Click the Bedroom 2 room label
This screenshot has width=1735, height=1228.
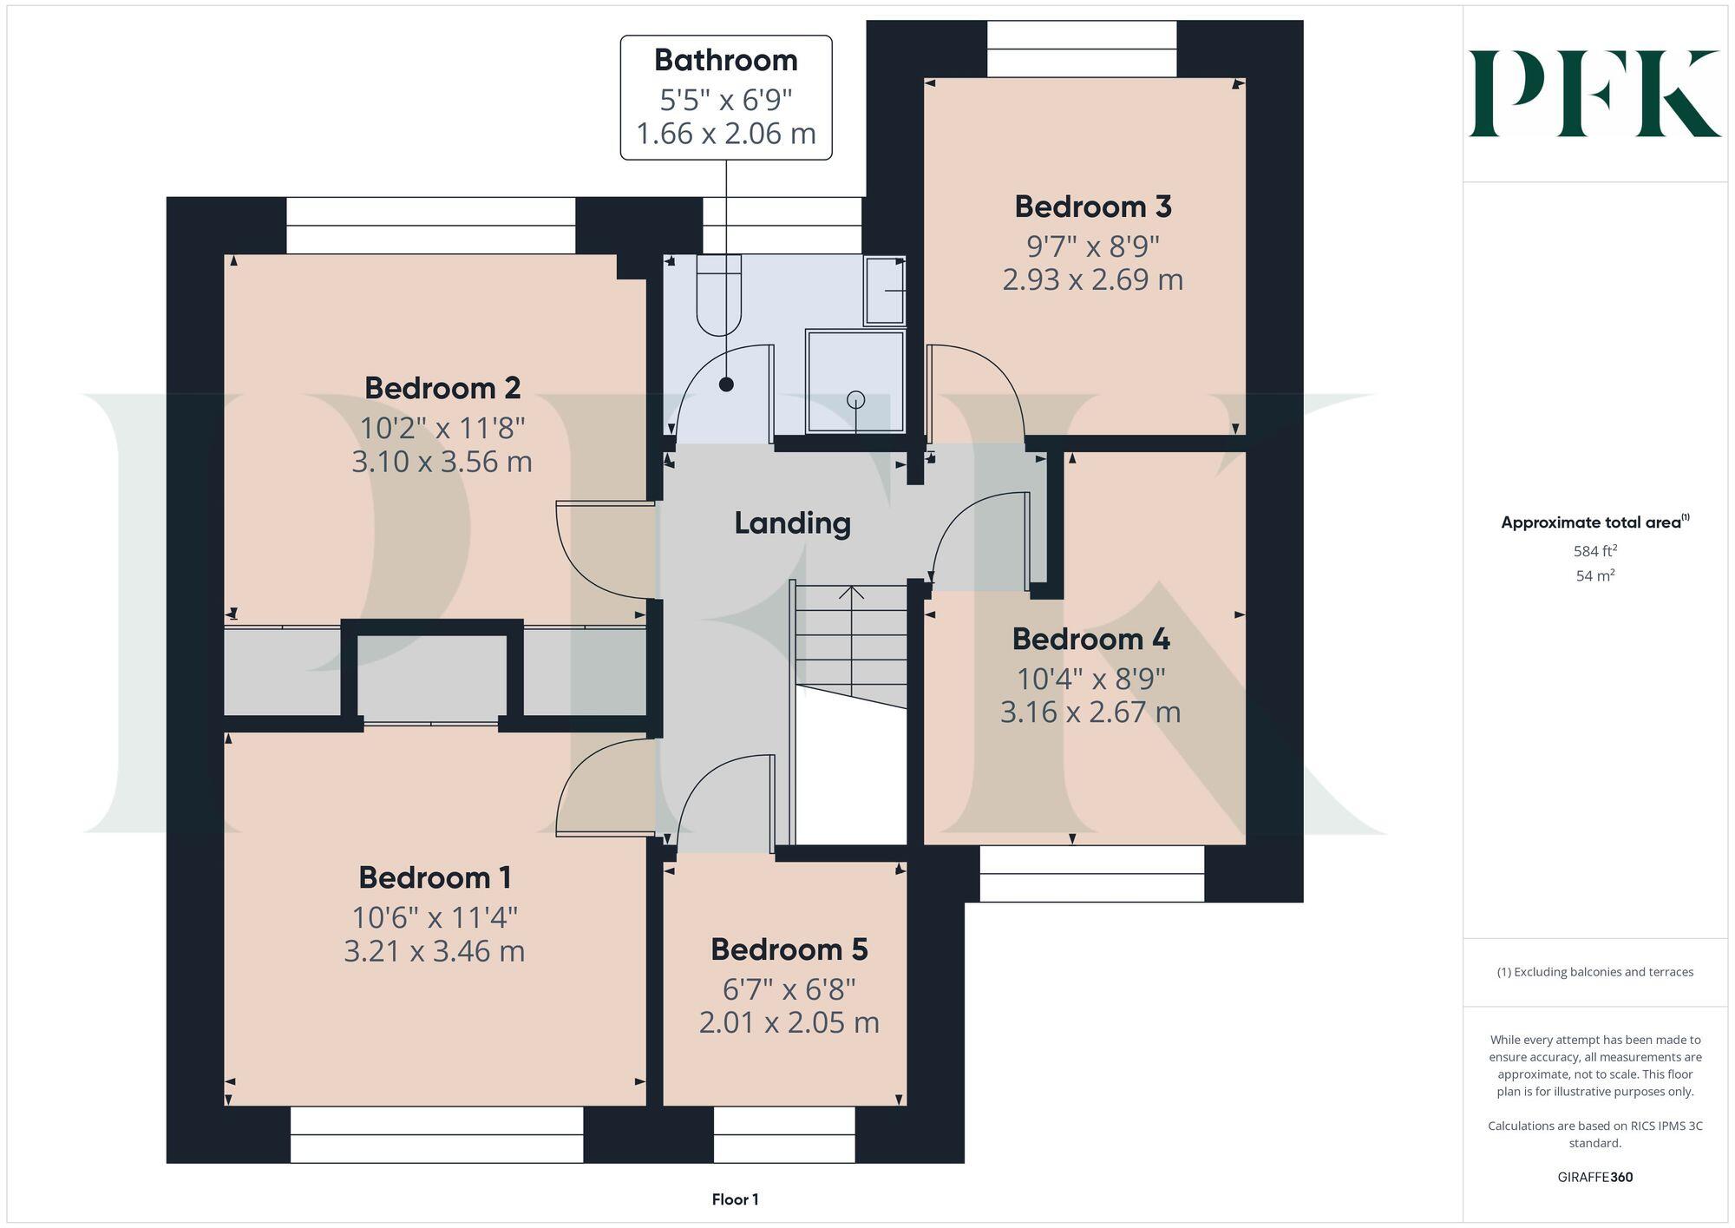[x=442, y=388]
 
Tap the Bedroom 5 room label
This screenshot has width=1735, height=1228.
[x=789, y=949]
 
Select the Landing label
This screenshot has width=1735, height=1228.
[x=792, y=522]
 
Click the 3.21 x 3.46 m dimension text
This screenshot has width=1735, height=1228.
[x=434, y=951]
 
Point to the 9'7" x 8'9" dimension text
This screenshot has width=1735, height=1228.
[x=1093, y=246]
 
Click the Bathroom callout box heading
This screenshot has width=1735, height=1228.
[x=725, y=60]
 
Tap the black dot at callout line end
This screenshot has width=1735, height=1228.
[x=726, y=384]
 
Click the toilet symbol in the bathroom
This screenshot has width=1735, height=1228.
[x=719, y=295]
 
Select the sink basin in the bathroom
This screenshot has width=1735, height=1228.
[x=884, y=292]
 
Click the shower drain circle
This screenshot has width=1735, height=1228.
[x=856, y=399]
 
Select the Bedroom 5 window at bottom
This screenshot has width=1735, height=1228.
[x=784, y=1134]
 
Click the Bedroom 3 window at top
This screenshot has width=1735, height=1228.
[x=1081, y=49]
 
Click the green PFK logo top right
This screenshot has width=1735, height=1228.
[x=1594, y=94]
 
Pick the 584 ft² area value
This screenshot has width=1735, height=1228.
[x=1594, y=550]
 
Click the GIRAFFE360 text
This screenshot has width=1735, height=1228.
[x=1594, y=1178]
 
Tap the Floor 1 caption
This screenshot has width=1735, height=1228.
[x=735, y=1199]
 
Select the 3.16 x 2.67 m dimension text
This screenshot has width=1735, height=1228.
[x=1090, y=713]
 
